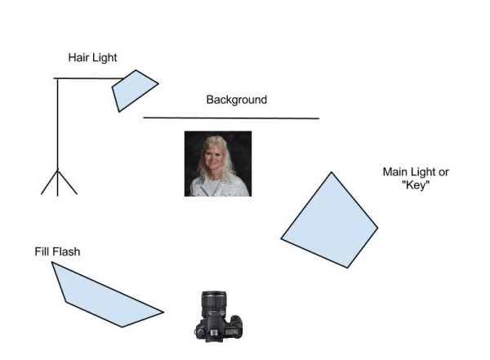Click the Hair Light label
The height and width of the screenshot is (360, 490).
(x=92, y=58)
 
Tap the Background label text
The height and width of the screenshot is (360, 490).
(x=237, y=100)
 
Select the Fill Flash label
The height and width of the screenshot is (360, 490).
(x=57, y=251)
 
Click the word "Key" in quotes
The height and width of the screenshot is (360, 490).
(x=416, y=185)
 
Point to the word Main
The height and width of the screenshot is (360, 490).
(x=394, y=172)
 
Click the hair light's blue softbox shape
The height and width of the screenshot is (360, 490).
(x=135, y=91)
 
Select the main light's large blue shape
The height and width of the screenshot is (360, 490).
(x=329, y=220)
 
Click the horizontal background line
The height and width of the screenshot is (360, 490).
(x=231, y=118)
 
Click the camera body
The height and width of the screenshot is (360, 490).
(x=219, y=328)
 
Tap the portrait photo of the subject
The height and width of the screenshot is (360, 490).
(x=218, y=164)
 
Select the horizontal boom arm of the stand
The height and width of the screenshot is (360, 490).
(x=89, y=78)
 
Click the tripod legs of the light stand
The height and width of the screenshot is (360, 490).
(x=59, y=183)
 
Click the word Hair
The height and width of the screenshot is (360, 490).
(x=77, y=57)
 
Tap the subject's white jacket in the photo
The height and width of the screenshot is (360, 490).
(x=218, y=187)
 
